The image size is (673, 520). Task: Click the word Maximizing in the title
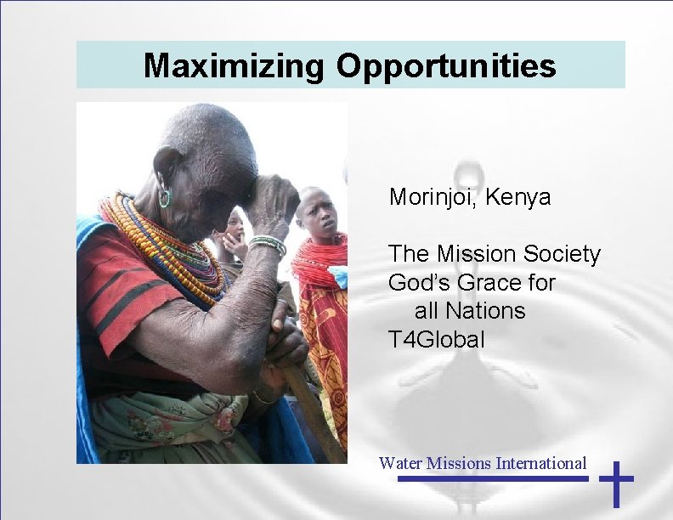(234, 65)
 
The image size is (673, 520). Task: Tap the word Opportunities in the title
(447, 65)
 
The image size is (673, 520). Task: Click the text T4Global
(437, 341)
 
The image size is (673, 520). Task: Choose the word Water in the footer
(400, 463)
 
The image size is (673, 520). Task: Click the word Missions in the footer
(459, 463)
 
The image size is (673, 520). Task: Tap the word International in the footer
(541, 463)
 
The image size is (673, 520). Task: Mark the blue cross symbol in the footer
(617, 483)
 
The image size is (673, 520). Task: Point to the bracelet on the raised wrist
(269, 246)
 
